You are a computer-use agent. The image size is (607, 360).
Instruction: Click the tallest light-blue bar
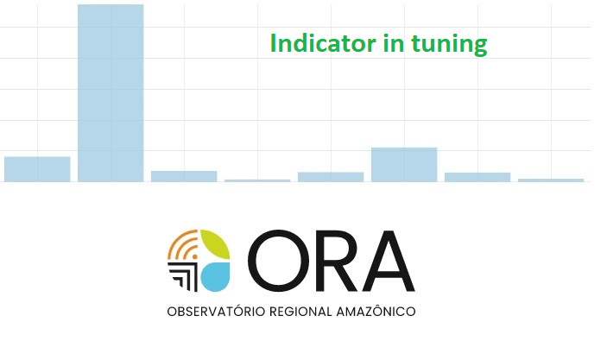(x=111, y=93)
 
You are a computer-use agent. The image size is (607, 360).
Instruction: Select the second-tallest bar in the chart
(x=404, y=165)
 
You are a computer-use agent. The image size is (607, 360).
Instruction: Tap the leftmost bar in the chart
(x=37, y=169)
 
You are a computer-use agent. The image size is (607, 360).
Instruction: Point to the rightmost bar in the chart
(x=551, y=180)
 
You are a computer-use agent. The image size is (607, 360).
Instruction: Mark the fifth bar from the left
(x=331, y=177)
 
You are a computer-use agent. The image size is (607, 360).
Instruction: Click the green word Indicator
(x=323, y=43)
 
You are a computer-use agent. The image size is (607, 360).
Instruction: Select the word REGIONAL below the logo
(x=300, y=312)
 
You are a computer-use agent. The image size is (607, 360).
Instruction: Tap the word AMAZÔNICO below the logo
(x=376, y=312)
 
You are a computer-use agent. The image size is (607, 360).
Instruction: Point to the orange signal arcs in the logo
(x=182, y=243)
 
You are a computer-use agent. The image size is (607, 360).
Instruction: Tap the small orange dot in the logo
(x=195, y=256)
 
